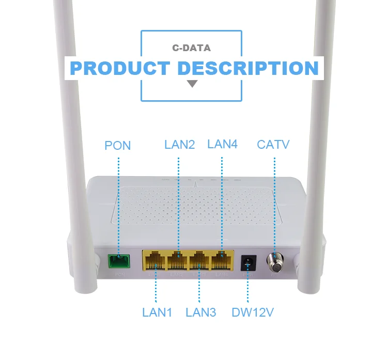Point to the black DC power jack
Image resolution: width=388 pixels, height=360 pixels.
(x=248, y=263)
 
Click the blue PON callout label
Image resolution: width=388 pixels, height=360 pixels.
(x=118, y=146)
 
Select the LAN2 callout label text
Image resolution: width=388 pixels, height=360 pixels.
(x=179, y=144)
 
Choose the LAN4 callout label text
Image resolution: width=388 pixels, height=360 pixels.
(x=222, y=144)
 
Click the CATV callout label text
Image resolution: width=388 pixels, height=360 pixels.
(x=273, y=144)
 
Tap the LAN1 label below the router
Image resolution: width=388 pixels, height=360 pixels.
(x=157, y=312)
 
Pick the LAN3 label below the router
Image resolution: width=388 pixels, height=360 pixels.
(x=201, y=312)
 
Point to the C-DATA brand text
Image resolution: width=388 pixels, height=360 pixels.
(x=191, y=49)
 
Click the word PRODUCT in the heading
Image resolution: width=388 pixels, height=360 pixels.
(x=119, y=68)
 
